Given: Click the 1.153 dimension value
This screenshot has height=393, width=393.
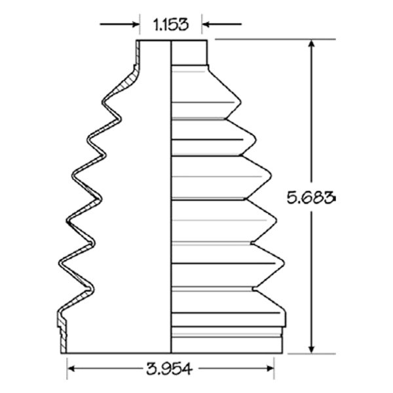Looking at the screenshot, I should tap(170, 25).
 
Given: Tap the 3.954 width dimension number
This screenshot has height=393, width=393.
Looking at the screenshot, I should tap(170, 369).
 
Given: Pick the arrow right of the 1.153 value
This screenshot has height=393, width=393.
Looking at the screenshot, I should tap(221, 25).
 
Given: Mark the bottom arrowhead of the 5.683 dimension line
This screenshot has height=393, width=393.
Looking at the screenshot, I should tap(312, 348).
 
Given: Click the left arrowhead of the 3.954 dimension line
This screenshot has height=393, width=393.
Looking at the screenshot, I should tap(73, 369).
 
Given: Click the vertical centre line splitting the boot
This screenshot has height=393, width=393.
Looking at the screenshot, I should tap(171, 196).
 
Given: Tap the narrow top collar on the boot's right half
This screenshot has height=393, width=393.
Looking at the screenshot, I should tap(189, 52).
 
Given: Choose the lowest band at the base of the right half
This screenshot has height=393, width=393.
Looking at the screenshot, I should tap(227, 346).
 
